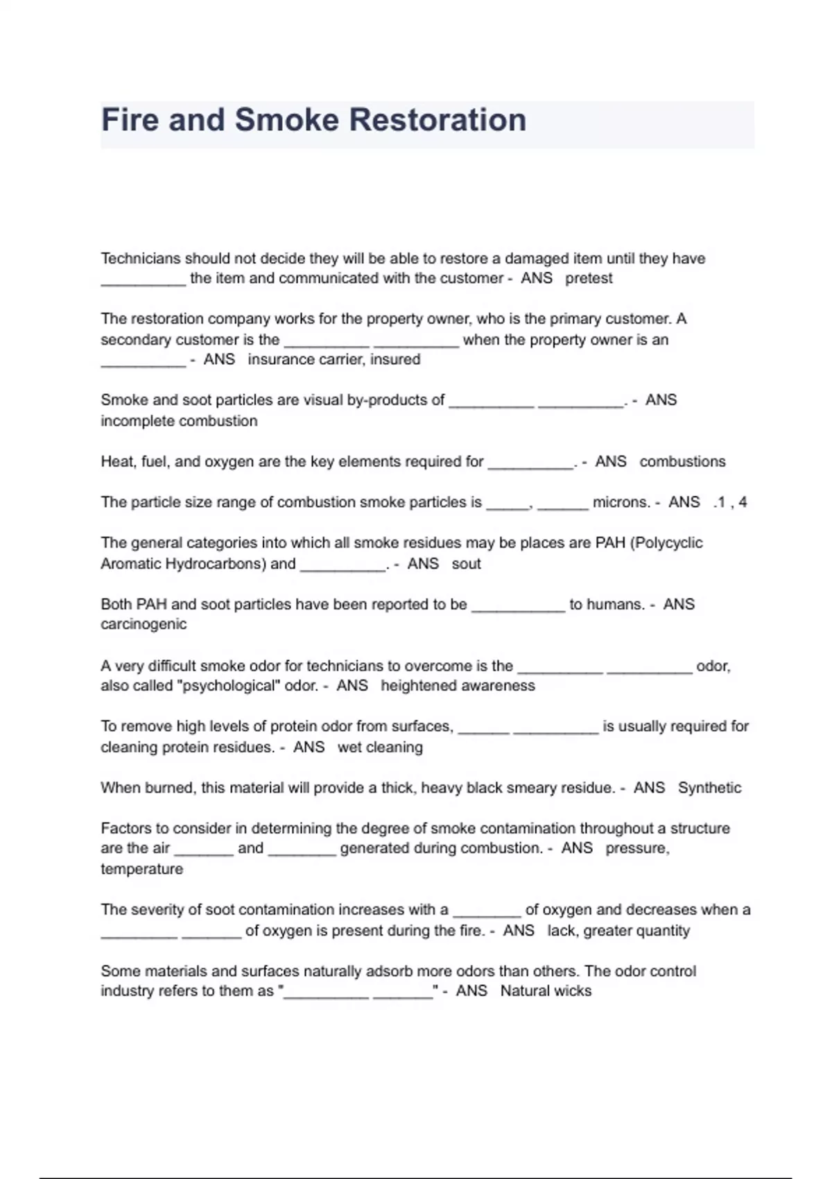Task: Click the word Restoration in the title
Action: pos(437,120)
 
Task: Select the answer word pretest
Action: pos(589,279)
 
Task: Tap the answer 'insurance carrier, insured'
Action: pos(334,360)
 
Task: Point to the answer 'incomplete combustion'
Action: pos(179,421)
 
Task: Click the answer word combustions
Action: pos(682,462)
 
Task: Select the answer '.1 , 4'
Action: pos(729,503)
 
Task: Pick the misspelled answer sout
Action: pos(466,564)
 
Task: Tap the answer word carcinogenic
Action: pos(144,624)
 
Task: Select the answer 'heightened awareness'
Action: pos(458,686)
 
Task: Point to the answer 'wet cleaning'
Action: pos(380,748)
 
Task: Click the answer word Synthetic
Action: pos(709,788)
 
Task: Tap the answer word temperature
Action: pos(142,870)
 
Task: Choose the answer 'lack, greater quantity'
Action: pos(618,931)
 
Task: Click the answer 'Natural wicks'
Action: pos(546,991)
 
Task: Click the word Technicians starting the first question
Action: pos(141,259)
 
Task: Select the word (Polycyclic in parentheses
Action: pos(666,543)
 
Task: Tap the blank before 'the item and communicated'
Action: pos(144,280)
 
